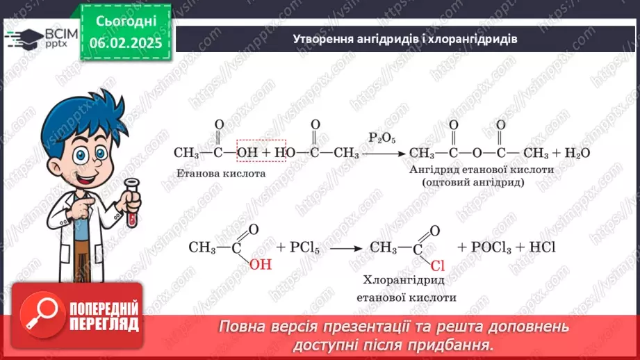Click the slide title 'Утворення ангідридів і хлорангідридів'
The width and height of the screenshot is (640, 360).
pyautogui.click(x=404, y=40)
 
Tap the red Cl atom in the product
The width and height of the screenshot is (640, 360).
pyautogui.click(x=437, y=265)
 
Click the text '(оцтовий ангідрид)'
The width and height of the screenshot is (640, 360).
pyautogui.click(x=472, y=182)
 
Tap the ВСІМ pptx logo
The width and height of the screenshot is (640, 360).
pyautogui.click(x=38, y=38)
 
